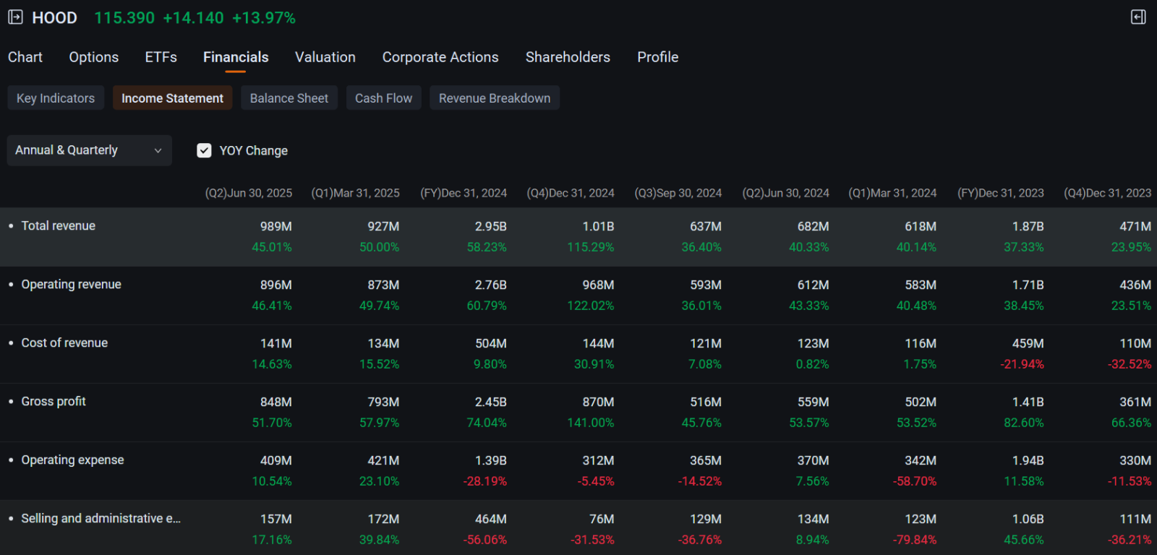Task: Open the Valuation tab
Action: tap(325, 57)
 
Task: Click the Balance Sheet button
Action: tap(289, 98)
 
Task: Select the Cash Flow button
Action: tap(383, 98)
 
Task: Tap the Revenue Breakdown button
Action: tap(495, 98)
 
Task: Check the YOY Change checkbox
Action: tap(204, 150)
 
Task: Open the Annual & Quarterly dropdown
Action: tap(90, 150)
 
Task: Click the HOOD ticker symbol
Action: tap(54, 18)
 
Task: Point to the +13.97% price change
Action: tap(263, 18)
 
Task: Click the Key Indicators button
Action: tap(55, 98)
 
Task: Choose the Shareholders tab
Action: tap(568, 57)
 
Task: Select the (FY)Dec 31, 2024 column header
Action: tap(464, 193)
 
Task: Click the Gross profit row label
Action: tap(54, 401)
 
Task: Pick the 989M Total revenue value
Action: tap(276, 226)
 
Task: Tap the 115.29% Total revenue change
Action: tap(590, 247)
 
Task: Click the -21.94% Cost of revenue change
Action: tap(1022, 364)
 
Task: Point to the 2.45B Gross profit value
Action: tap(491, 402)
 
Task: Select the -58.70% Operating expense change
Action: tap(914, 482)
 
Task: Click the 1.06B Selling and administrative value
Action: tap(1028, 519)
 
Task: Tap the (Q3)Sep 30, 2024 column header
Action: tap(678, 193)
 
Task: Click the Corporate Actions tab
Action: tap(440, 57)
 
